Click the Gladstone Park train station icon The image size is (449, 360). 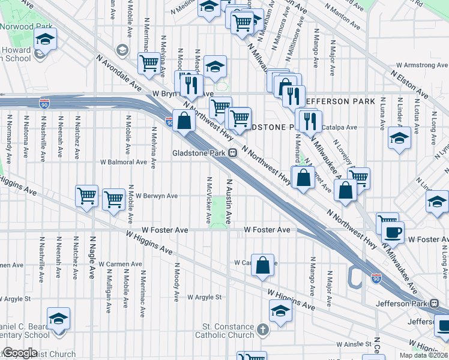pos(231,153)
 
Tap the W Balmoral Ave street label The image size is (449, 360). pos(124,162)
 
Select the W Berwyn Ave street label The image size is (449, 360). pos(156,196)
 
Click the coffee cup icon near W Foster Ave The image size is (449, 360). pos(393,232)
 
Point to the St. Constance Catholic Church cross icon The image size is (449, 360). pos(262,329)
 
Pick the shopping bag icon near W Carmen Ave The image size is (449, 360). pos(263,265)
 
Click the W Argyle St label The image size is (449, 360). pos(204,297)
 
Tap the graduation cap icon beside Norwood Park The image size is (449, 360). pos(46,40)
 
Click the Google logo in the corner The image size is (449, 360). pos(20,352)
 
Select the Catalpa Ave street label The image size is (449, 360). pos(339,127)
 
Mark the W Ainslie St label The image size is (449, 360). pos(354,344)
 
